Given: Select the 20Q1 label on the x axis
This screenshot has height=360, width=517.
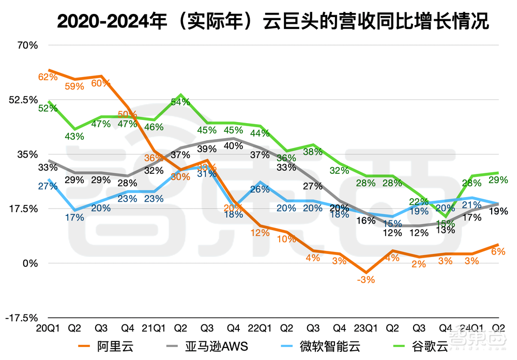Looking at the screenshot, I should pyautogui.click(x=48, y=328).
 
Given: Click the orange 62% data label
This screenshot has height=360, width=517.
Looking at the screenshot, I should pyautogui.click(x=48, y=77).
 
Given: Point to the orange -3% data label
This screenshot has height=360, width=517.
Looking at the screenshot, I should pyautogui.click(x=366, y=280).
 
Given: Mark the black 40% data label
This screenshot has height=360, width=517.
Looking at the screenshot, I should pyautogui.click(x=234, y=146).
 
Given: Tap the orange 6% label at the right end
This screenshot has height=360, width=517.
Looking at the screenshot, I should pyautogui.click(x=498, y=251).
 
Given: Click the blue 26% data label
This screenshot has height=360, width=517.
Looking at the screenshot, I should pyautogui.click(x=260, y=189).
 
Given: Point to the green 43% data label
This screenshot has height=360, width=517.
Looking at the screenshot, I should pyautogui.click(x=74, y=136).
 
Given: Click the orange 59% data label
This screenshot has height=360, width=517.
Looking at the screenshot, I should pyautogui.click(x=74, y=86).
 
